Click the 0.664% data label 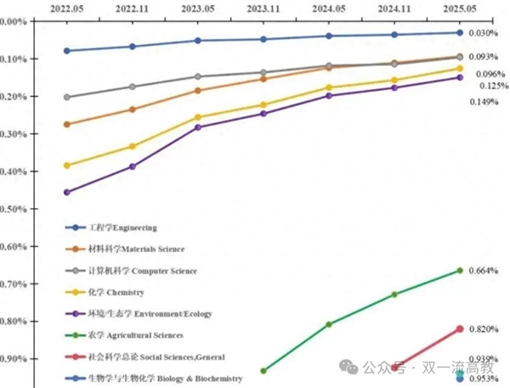click(x=483, y=271)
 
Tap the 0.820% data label click(x=483, y=329)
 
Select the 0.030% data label click(x=483, y=33)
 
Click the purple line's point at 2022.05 click(x=66, y=192)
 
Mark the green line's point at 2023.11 click(x=263, y=371)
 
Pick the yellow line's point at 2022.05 click(x=66, y=166)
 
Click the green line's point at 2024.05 click(x=329, y=324)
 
